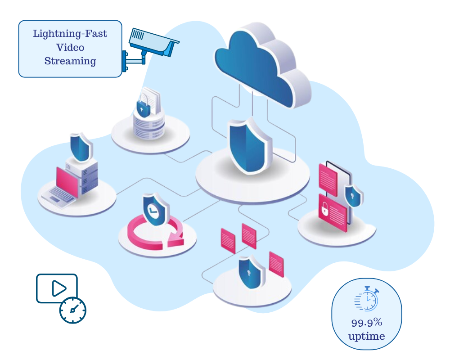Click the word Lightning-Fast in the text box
(x=70, y=34)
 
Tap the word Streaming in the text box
(x=70, y=61)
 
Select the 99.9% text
(x=366, y=322)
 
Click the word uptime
(x=366, y=336)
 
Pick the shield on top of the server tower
(x=81, y=147)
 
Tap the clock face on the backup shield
(x=153, y=209)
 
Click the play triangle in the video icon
(x=58, y=288)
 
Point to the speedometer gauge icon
(x=73, y=310)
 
